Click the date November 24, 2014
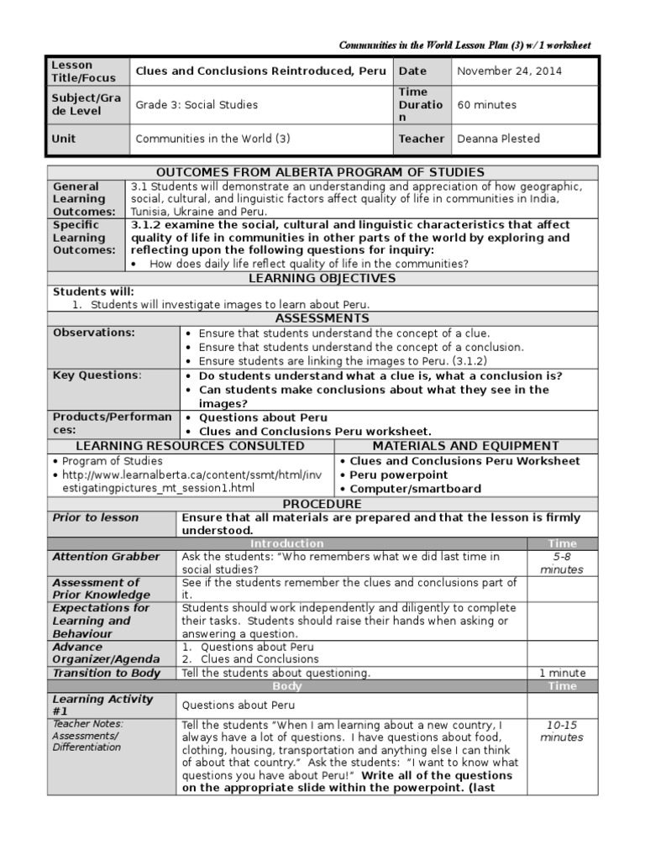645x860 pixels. (x=509, y=71)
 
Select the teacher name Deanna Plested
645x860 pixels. (x=498, y=139)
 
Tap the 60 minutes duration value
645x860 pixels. (x=486, y=105)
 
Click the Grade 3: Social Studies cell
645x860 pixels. (x=197, y=105)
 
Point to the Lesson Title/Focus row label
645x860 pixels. (x=72, y=71)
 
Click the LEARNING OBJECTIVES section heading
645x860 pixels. (x=322, y=279)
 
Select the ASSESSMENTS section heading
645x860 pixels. (x=322, y=319)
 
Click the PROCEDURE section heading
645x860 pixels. (x=322, y=504)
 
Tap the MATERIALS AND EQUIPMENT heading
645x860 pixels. (x=466, y=446)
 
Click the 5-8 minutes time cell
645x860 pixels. (x=562, y=563)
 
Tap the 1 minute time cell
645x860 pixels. (x=562, y=673)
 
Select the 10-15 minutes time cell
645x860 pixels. (x=562, y=731)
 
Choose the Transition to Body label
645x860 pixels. (x=106, y=673)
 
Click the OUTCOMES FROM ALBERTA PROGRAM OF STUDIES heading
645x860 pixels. (x=322, y=172)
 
